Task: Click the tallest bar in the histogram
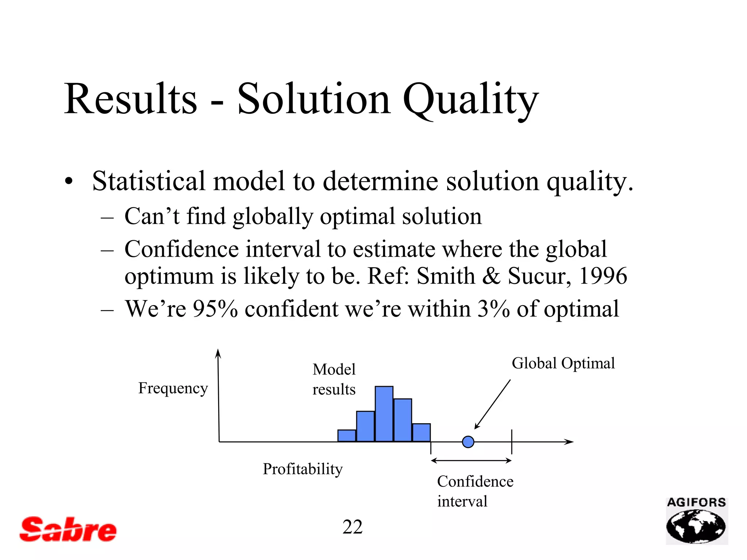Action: (x=384, y=414)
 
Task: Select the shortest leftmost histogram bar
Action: (x=347, y=436)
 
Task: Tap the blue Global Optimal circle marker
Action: (x=468, y=442)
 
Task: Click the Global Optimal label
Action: (x=563, y=363)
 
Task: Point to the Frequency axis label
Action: (x=173, y=388)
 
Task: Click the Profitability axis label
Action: (x=303, y=469)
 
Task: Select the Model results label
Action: (x=334, y=379)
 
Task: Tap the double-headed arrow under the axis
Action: (x=471, y=461)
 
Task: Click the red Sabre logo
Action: (x=68, y=529)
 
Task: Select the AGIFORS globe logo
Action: (x=696, y=521)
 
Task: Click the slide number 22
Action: (x=352, y=527)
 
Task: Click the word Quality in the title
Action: (x=470, y=99)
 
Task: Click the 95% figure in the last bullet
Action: (x=215, y=309)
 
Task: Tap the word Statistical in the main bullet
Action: (x=149, y=181)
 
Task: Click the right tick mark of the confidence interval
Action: (x=512, y=442)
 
